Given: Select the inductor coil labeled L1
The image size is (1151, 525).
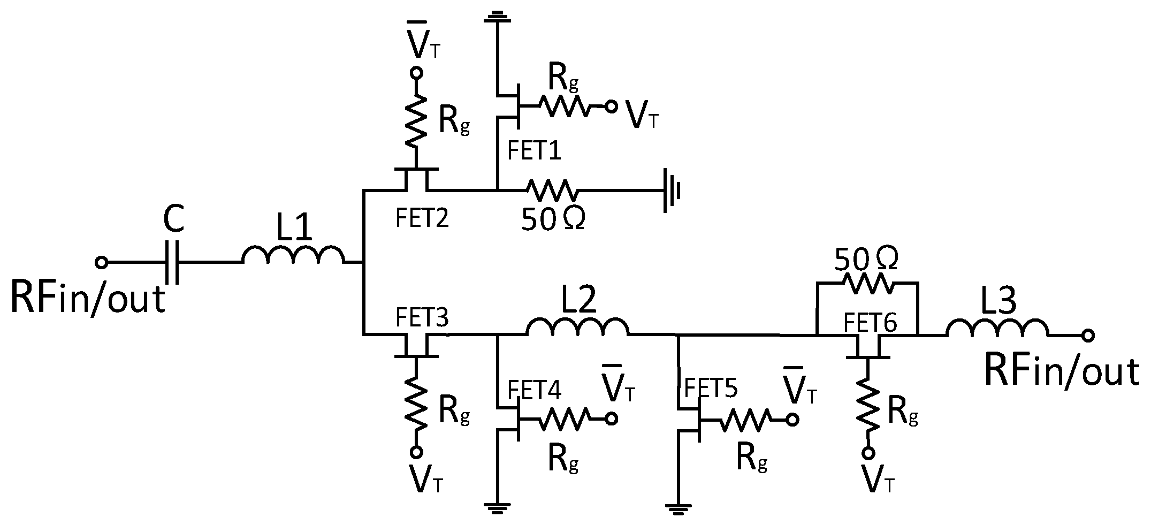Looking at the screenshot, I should (x=293, y=256).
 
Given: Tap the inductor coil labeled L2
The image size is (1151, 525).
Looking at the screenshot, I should (x=578, y=328).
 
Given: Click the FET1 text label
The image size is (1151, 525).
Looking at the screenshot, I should (x=534, y=151).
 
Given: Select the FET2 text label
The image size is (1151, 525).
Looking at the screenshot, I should (x=422, y=218).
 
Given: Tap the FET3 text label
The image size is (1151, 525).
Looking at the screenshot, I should (x=422, y=318).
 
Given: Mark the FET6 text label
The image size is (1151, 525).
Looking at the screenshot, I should (x=871, y=323).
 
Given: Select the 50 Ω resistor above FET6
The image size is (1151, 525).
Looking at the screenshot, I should (x=867, y=283).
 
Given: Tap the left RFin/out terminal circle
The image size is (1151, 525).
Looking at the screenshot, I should (x=101, y=262).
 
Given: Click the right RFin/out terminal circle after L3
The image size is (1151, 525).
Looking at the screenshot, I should (x=1087, y=336).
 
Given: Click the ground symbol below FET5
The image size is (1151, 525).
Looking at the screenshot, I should (x=678, y=507).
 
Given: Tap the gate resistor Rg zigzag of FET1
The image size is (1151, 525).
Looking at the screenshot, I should (x=567, y=106).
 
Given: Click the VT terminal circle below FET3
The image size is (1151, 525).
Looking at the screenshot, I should (x=416, y=452).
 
